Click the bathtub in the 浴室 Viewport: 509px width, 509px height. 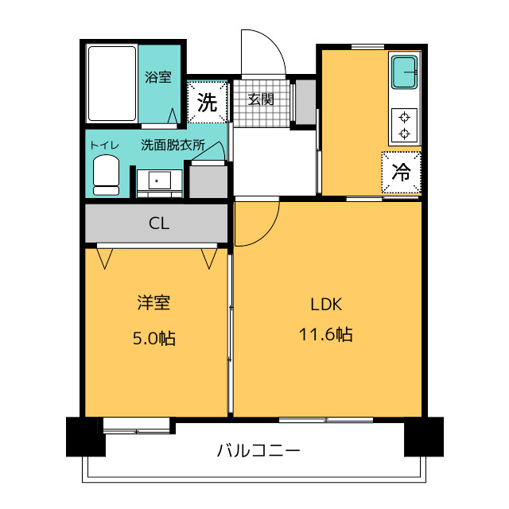click(x=112, y=84)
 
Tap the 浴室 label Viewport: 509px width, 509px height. click(x=158, y=77)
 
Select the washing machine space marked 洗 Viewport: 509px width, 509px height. click(x=207, y=102)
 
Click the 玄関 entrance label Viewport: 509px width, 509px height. click(x=261, y=99)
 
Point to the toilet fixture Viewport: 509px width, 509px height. click(x=106, y=175)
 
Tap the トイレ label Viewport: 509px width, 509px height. click(x=104, y=145)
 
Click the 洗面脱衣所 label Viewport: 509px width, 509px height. click(x=173, y=145)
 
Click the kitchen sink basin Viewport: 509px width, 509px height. click(x=404, y=72)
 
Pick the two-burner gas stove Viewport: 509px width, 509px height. click(x=404, y=126)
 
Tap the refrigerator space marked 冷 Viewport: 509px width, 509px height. click(x=401, y=172)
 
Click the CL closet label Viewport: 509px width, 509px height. click(x=159, y=223)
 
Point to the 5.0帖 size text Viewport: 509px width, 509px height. click(x=154, y=338)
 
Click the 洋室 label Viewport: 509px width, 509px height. click(x=153, y=302)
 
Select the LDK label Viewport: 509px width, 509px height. click(x=326, y=305)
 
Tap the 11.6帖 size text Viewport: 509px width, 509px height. click(x=325, y=334)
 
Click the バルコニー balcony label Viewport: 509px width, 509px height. click(x=258, y=451)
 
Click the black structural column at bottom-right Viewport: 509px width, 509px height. click(x=424, y=437)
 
